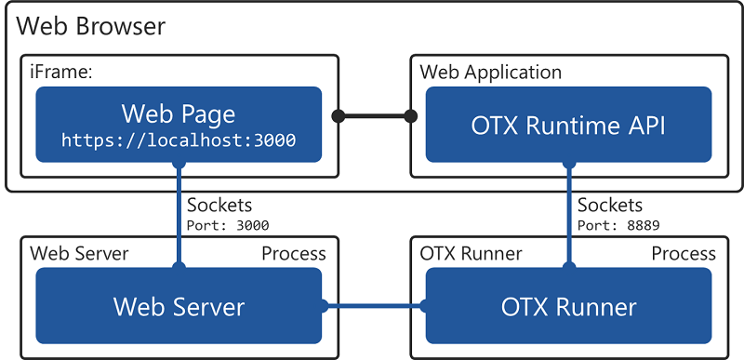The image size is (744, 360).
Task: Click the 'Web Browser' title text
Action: [91, 26]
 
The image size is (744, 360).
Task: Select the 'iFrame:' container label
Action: [58, 72]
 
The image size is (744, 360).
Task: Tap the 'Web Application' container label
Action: [491, 72]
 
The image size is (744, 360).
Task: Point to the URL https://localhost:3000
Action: [179, 140]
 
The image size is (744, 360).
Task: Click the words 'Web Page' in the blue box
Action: [179, 114]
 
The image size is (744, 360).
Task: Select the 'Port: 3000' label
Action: [228, 224]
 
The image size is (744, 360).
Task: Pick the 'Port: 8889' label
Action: [618, 224]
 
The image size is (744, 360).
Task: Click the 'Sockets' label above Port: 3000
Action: [219, 205]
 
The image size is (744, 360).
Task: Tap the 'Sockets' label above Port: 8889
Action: [609, 205]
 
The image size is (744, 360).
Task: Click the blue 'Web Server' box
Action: [179, 306]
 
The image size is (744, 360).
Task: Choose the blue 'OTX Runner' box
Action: [569, 306]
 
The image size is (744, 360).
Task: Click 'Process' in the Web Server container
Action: [293, 253]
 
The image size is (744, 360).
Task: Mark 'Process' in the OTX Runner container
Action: [684, 253]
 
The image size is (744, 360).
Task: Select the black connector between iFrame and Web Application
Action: [375, 116]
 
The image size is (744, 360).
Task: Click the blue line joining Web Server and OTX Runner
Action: [374, 306]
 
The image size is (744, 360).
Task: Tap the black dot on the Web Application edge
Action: [410, 116]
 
